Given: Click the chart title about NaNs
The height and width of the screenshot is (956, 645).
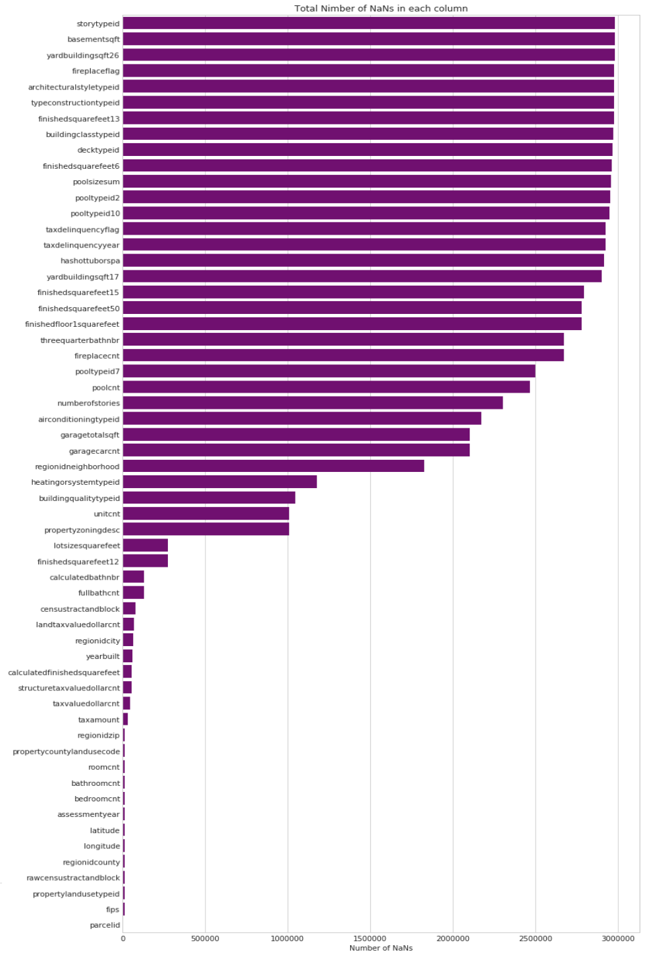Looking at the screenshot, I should (381, 9).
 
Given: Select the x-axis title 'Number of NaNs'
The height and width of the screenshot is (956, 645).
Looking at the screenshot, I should (381, 948).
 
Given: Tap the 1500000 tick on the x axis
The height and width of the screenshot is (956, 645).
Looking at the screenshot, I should (370, 939).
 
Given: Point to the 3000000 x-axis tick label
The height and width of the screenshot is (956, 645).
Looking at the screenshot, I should (617, 939).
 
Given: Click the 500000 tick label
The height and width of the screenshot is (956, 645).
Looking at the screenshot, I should (205, 939).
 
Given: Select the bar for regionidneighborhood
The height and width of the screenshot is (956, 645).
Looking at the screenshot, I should (273, 466).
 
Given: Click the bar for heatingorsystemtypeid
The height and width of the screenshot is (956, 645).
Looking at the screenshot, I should (219, 482).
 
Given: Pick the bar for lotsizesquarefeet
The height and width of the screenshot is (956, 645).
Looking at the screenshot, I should (145, 545).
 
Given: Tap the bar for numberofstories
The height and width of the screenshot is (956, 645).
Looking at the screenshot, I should (312, 403).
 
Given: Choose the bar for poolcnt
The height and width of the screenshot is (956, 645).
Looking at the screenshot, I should (326, 387).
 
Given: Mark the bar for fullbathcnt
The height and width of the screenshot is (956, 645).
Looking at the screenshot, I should (133, 593).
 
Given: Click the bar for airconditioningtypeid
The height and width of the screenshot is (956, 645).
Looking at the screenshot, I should (302, 419).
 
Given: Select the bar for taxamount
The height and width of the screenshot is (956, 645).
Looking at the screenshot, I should (125, 719).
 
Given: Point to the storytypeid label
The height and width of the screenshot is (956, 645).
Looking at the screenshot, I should (98, 24).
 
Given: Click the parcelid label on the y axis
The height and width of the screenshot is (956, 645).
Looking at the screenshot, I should (105, 925).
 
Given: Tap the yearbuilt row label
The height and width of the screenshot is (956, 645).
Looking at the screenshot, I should (103, 656).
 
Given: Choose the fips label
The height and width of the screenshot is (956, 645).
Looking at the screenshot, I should (112, 910).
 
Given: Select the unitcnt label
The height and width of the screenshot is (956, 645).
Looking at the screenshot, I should (107, 514).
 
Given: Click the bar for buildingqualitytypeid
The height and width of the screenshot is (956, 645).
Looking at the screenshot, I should (208, 498).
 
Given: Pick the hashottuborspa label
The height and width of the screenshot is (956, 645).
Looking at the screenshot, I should (90, 261).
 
